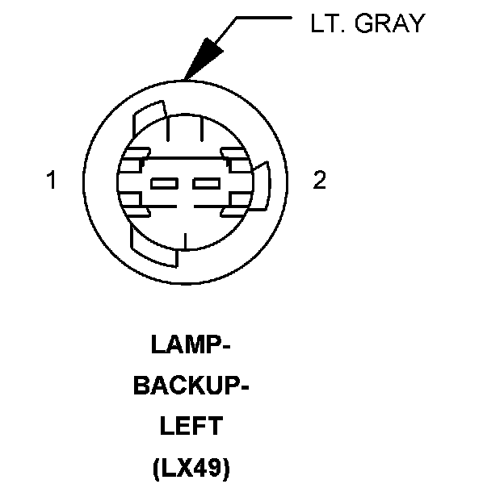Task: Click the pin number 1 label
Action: point(52,181)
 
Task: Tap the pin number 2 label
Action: point(320,181)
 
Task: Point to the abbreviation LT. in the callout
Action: point(326,24)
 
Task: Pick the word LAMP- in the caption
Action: point(191,345)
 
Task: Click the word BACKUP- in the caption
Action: point(190,386)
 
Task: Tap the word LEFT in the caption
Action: point(191,425)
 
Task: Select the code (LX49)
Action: point(191,465)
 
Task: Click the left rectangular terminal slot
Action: point(165,183)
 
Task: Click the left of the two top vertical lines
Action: point(168,129)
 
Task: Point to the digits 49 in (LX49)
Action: point(212,465)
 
